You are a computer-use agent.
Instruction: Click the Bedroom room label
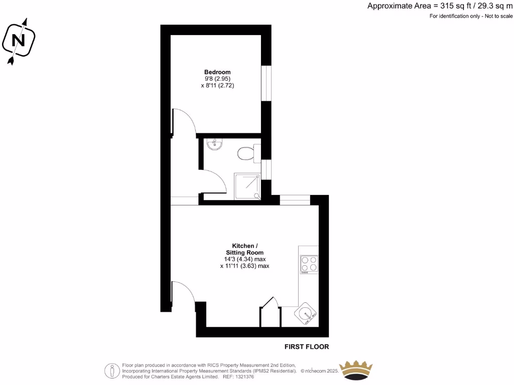(217, 72)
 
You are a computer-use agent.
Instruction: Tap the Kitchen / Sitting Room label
(244, 249)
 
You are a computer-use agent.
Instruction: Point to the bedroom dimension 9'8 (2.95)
(217, 79)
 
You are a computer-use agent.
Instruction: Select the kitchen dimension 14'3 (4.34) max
(244, 259)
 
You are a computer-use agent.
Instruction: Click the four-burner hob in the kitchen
(309, 264)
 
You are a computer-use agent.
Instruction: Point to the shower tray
(247, 186)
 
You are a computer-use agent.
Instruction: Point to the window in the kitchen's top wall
(295, 200)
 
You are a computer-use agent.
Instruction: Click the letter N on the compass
(19, 40)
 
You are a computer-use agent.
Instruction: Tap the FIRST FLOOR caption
(307, 346)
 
